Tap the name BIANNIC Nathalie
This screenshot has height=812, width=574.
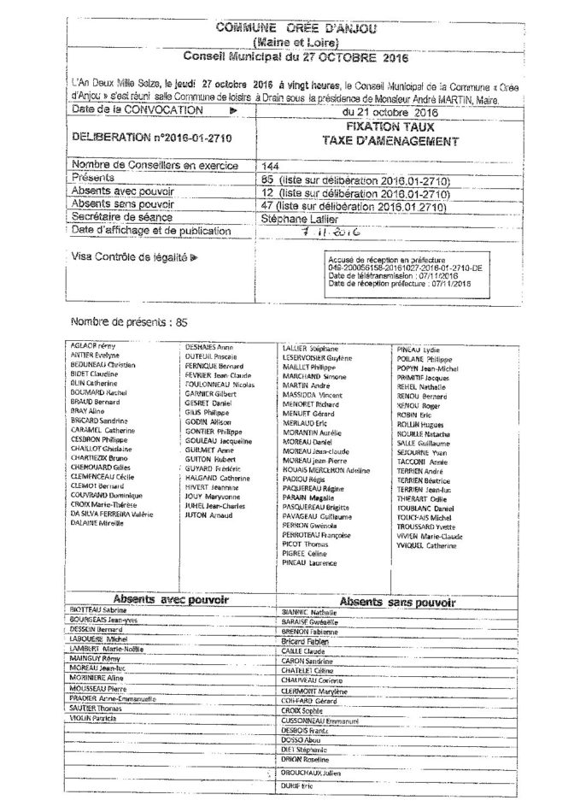point(310,613)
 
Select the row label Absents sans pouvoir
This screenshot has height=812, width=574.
point(123,205)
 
